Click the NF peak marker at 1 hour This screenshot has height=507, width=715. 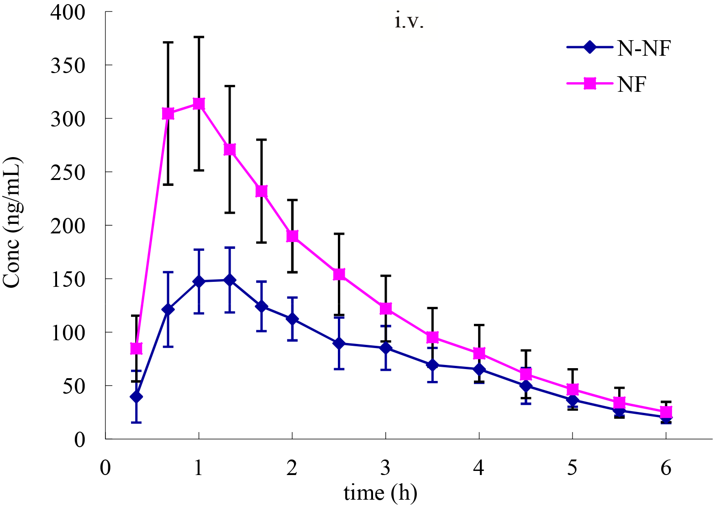tap(199, 104)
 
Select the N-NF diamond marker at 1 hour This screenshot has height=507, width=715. tap(199, 281)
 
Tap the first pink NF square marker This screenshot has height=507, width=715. tap(136, 349)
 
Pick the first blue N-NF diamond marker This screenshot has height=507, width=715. tap(136, 396)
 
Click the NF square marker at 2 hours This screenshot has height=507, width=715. tap(292, 236)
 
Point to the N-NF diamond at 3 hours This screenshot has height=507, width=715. tap(386, 348)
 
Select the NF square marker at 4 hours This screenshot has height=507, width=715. tap(479, 353)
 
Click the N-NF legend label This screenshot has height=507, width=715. tap(644, 48)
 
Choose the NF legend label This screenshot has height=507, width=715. tap(632, 84)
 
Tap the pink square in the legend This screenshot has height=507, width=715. tap(590, 84)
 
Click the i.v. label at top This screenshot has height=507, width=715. tap(409, 21)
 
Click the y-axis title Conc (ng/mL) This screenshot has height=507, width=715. tap(12, 222)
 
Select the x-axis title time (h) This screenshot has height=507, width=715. tap(380, 493)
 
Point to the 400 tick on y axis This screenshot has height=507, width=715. tap(68, 12)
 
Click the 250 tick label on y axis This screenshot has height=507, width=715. tap(68, 173)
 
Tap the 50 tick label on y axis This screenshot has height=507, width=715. tap(73, 386)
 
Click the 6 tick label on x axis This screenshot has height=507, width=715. tap(666, 468)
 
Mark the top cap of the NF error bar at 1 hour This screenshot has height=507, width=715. tap(199, 37)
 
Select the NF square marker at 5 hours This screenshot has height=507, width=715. tap(573, 390)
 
